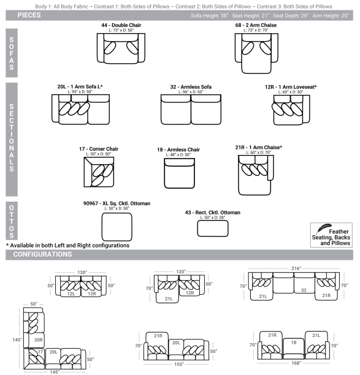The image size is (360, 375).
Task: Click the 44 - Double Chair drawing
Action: (120, 48)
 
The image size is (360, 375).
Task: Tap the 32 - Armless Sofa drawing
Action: (191, 110)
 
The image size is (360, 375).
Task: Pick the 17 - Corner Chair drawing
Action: (98, 172)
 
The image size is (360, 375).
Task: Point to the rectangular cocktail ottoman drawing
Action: (212, 227)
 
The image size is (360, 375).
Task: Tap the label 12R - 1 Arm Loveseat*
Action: (291, 87)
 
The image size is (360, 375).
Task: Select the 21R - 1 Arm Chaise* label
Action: (258, 148)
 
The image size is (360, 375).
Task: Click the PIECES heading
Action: (29, 15)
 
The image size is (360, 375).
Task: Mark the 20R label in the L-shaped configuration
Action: (38, 338)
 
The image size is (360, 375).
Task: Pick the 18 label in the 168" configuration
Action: (293, 343)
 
